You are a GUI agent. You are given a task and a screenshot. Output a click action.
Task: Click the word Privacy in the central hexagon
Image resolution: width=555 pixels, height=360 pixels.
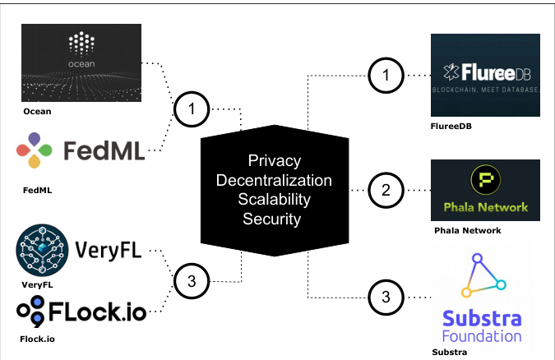click(x=275, y=160)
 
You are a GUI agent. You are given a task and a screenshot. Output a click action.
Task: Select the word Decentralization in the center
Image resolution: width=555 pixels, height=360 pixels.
click(x=275, y=180)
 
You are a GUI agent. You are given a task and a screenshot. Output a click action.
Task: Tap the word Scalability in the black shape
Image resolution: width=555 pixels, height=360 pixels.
click(x=275, y=200)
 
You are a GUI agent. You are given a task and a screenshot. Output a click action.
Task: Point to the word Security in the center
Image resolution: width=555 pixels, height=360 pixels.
click(x=275, y=219)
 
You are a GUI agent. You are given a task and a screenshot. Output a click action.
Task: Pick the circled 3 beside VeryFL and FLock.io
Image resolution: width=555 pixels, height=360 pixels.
click(x=191, y=281)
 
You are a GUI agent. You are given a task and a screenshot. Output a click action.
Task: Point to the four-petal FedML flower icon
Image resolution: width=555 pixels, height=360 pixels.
click(x=35, y=150)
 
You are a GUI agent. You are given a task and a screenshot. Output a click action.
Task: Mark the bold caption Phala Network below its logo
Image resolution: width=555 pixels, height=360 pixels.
click(x=468, y=231)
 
